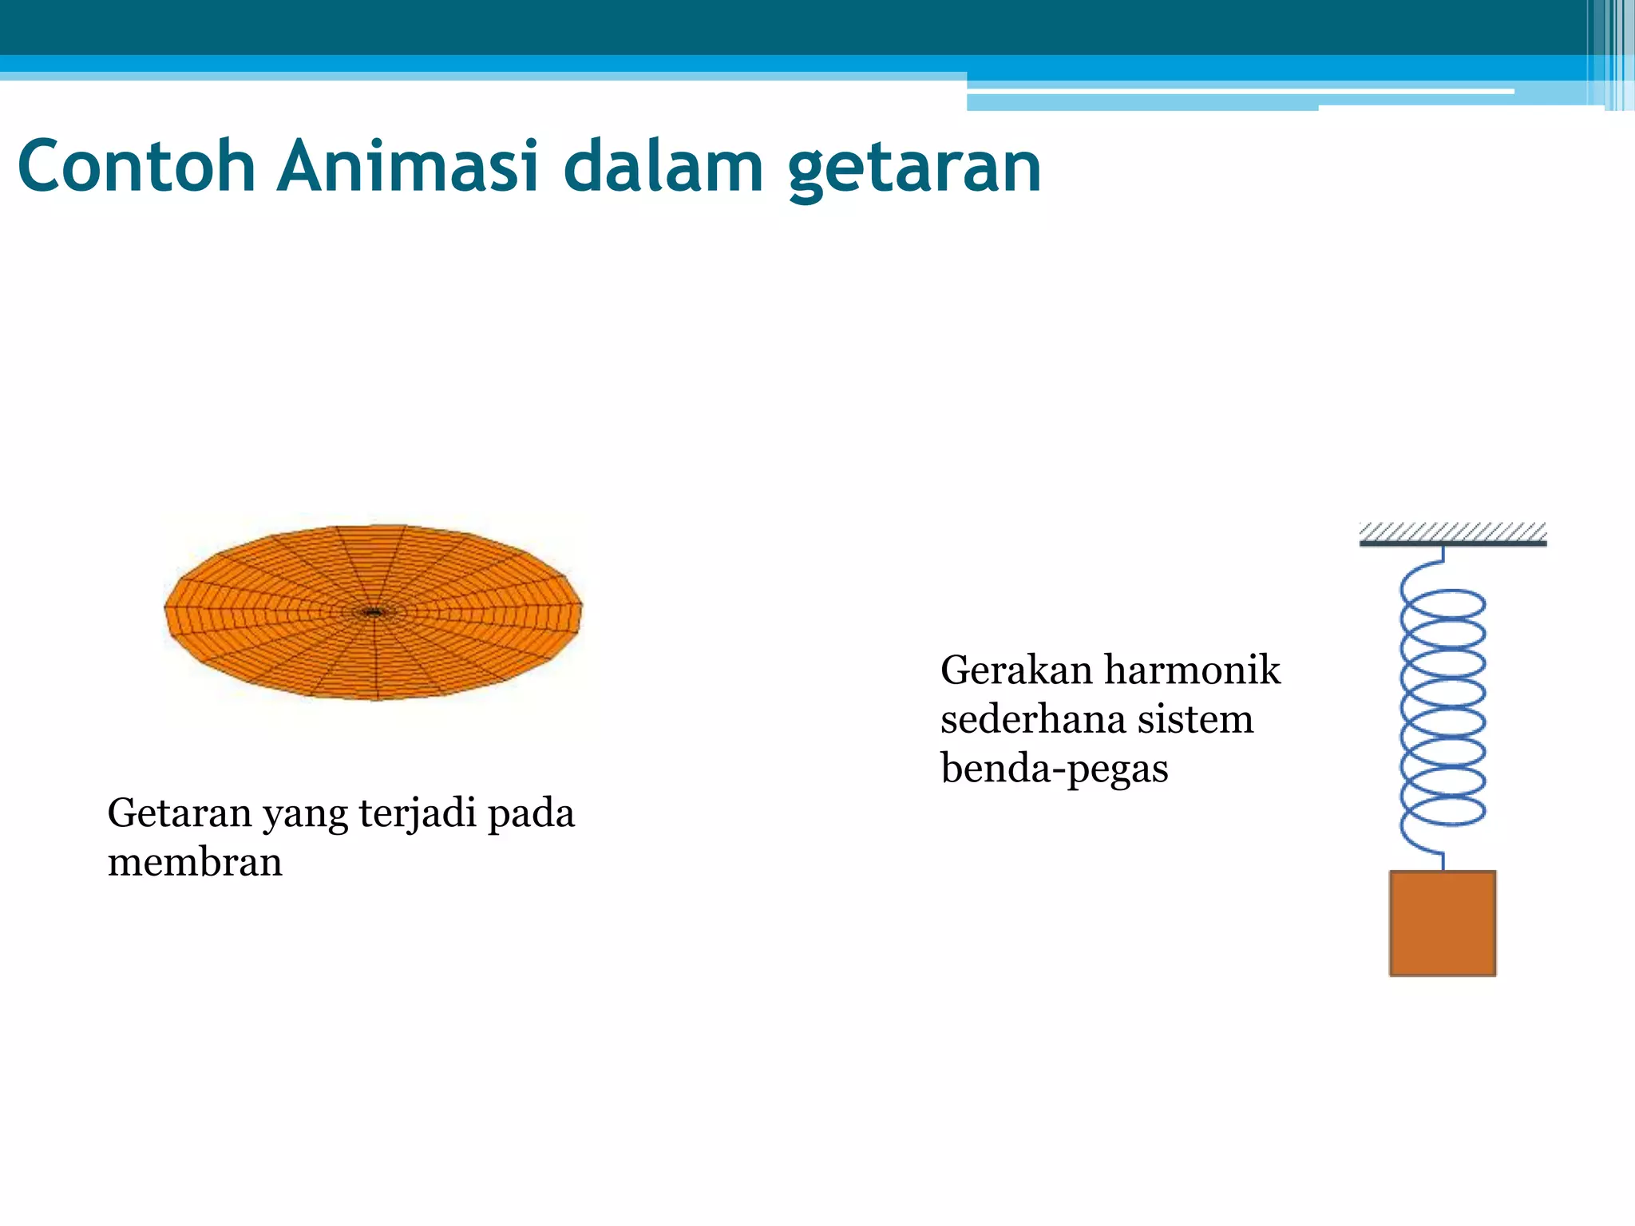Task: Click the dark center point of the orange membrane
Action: tap(373, 613)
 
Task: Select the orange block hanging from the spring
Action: tap(1442, 923)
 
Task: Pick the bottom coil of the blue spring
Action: tap(1443, 811)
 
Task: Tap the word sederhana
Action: tap(1034, 719)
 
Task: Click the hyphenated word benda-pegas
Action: tap(1054, 769)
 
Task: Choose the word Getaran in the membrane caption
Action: tap(180, 813)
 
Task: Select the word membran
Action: tap(195, 863)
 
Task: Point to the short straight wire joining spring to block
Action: tap(1443, 860)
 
